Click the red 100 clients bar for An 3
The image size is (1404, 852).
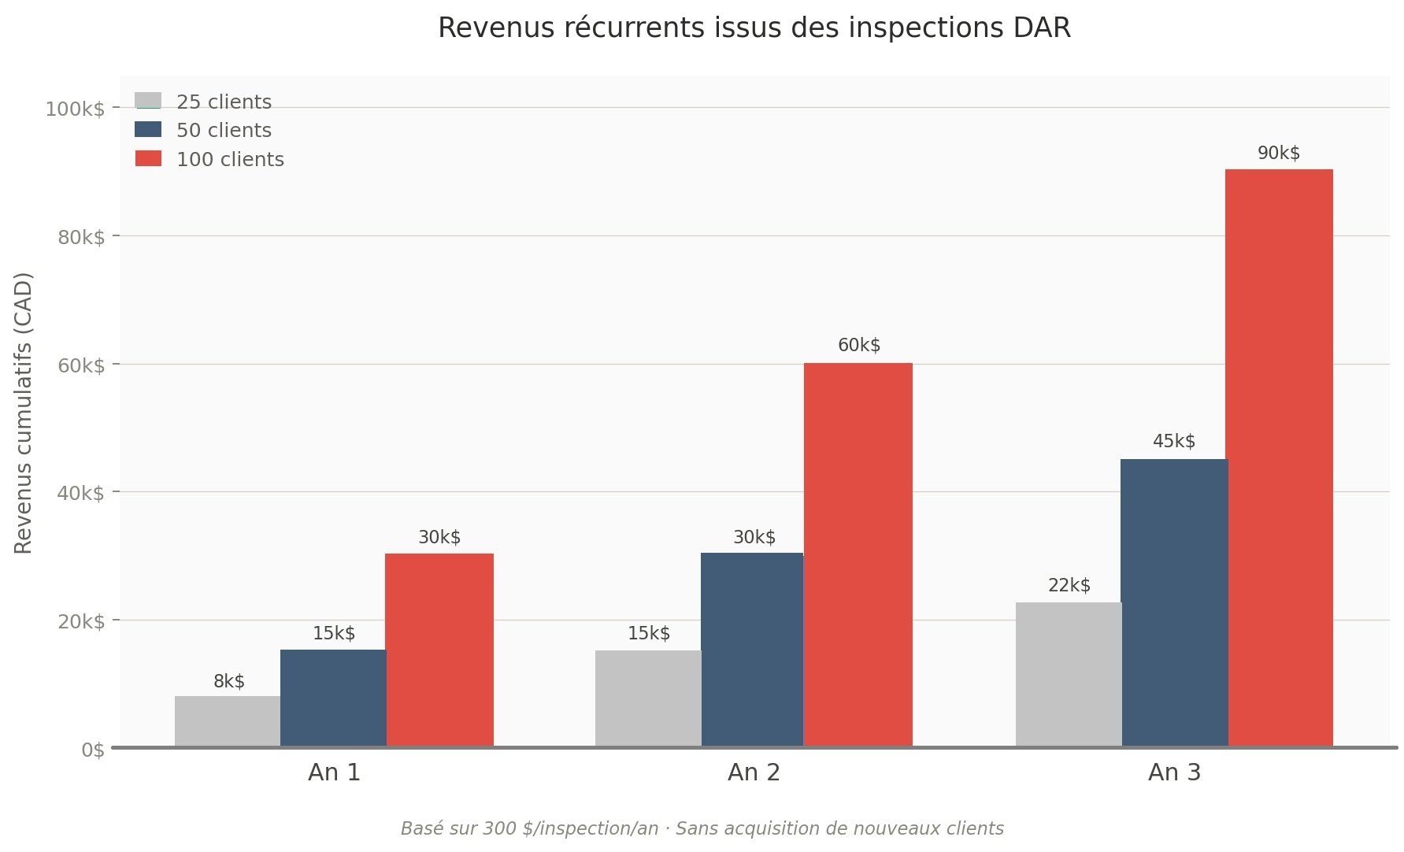[x=1280, y=457]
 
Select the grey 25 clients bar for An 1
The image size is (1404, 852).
[x=228, y=721]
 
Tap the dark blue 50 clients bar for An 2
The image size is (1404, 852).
[x=752, y=650]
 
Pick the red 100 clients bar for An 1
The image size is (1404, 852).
[x=439, y=650]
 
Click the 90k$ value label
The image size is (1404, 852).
[x=1279, y=154]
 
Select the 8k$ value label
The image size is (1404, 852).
[x=229, y=682]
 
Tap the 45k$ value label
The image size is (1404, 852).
[x=1174, y=442]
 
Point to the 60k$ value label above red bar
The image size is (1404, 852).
[x=859, y=346]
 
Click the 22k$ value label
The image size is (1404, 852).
[x=1069, y=586]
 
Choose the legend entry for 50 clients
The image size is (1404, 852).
[x=224, y=131]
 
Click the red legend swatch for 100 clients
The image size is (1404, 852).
[x=149, y=159]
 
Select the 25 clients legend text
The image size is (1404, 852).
[x=224, y=102]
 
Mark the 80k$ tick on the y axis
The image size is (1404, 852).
[x=81, y=237]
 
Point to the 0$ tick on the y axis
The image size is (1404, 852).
[x=93, y=750]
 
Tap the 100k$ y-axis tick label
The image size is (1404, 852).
[x=75, y=109]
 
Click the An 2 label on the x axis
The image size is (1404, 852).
[x=754, y=772]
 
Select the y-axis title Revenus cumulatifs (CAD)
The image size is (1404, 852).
[x=24, y=413]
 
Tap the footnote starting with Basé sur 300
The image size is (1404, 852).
[x=702, y=829]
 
